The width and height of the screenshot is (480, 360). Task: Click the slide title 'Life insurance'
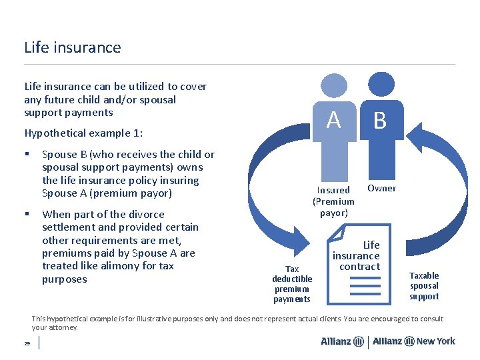73,47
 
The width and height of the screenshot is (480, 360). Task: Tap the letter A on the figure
333,120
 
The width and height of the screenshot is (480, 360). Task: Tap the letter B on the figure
380,120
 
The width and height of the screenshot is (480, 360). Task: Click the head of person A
333,85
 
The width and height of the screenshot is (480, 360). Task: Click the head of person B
381,84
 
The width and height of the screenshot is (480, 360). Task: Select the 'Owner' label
381,188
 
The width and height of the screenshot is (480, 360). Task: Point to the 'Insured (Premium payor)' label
333,201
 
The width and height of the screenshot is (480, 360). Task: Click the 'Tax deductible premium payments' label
292,284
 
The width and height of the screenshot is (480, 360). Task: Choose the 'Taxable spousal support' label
424,286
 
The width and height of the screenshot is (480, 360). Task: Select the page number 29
27,343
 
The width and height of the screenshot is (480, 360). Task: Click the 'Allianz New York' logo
414,341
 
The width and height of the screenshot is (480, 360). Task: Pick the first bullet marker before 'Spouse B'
27,155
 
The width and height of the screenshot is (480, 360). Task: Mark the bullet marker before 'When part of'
27,215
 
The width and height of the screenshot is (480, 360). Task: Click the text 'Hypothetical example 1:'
83,133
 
